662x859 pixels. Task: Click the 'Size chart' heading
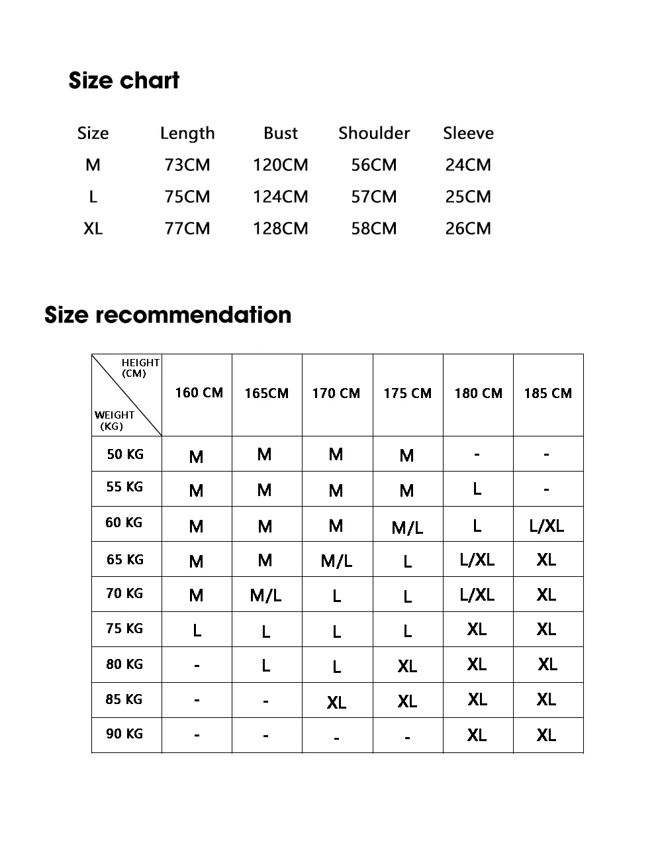coord(124,81)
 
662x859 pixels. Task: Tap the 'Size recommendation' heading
coord(167,315)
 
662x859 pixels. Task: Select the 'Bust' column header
coord(281,133)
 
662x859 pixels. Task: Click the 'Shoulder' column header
coord(374,133)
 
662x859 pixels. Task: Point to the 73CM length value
coord(187,165)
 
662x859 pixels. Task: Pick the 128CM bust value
coord(281,228)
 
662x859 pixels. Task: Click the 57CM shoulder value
coord(374,197)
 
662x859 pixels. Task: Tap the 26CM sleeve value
coord(468,228)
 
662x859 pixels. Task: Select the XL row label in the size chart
coord(93,228)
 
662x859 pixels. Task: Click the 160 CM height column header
coord(199,393)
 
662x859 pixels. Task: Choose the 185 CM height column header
coord(547,393)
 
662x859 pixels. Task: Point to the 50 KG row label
coord(125,454)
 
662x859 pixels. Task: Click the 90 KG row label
coord(124,734)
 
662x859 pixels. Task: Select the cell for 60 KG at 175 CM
coord(407,527)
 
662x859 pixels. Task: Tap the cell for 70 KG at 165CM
coord(265,595)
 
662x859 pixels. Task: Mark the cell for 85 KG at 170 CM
coord(336,702)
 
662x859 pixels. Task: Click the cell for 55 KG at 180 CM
coord(477,489)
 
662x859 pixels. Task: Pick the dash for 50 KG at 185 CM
coord(546,454)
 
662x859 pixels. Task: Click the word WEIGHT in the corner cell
coord(115,415)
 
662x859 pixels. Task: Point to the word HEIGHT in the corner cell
coord(140,362)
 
